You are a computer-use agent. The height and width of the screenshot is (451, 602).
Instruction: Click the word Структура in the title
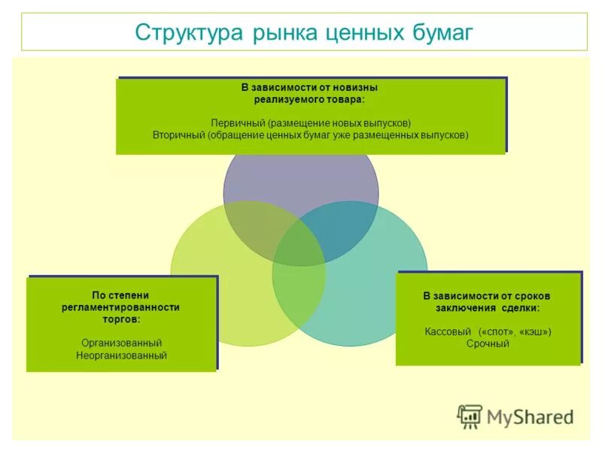[x=187, y=33]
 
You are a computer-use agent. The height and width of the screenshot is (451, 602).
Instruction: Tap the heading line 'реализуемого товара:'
[x=310, y=99]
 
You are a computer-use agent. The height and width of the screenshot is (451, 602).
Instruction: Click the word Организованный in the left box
[x=121, y=343]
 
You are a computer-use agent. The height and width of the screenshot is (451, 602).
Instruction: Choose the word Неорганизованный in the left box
[x=121, y=355]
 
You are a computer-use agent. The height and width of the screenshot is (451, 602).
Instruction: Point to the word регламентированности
[x=121, y=307]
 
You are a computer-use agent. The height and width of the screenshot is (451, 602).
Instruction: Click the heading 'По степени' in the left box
[x=121, y=296]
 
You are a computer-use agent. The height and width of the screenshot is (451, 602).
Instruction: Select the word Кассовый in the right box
[x=448, y=331]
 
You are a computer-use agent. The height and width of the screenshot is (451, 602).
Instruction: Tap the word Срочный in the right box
[x=488, y=344]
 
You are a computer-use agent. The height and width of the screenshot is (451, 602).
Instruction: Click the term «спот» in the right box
[x=498, y=331]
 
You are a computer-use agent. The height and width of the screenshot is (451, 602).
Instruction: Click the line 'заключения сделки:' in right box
[x=488, y=308]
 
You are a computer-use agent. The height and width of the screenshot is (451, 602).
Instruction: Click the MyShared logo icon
[x=470, y=416]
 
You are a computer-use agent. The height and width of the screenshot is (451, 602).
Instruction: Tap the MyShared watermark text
[x=530, y=416]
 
